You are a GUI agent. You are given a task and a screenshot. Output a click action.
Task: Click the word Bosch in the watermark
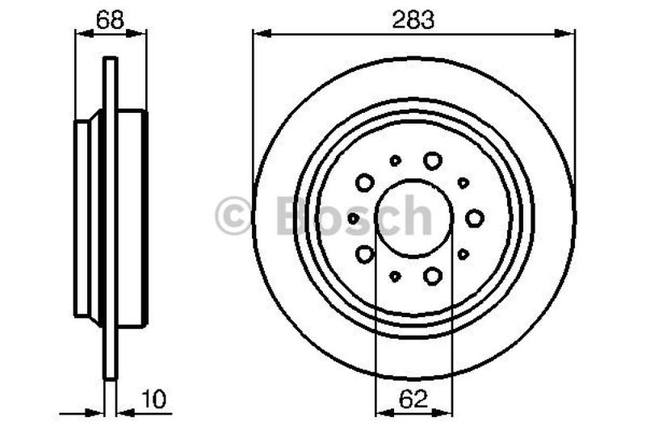354,215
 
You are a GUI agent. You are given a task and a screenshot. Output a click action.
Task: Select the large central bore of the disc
414,217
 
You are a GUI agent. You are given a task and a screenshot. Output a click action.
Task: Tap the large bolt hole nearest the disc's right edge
475,218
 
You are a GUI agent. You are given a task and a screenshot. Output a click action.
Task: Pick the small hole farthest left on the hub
353,218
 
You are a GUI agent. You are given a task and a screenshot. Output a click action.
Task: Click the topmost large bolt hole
433,160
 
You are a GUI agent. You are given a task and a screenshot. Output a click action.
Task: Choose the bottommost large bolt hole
433,276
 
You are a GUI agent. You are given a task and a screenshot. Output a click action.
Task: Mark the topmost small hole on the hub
395,161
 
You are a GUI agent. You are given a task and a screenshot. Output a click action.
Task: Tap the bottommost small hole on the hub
395,276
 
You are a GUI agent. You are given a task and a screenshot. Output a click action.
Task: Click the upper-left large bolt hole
365,182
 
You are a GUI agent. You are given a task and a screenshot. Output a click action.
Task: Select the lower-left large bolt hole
365,254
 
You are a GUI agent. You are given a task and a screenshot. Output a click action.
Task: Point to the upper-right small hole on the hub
464,182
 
